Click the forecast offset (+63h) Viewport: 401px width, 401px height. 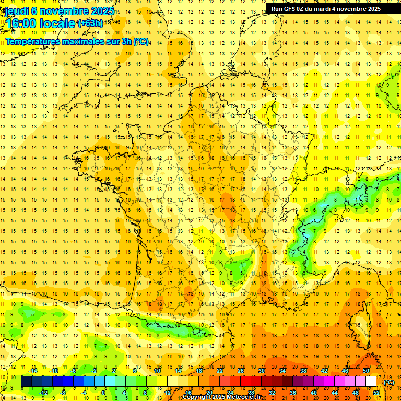coord(90,23)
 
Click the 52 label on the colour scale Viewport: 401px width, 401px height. coord(376,393)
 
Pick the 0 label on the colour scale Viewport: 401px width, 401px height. coord(103,393)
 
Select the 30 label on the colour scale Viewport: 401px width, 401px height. coord(262,371)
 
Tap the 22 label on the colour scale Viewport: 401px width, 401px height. coord(220,371)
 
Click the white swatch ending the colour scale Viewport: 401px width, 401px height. coord(371,382)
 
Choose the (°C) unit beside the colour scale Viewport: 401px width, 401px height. coord(388,382)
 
